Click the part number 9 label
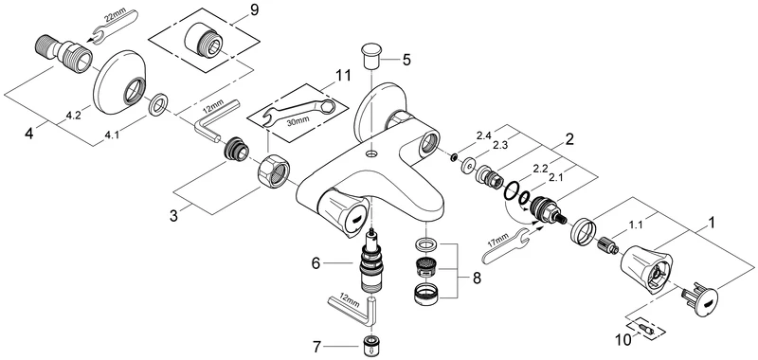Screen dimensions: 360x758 [253, 10]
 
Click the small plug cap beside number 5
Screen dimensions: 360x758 [370, 51]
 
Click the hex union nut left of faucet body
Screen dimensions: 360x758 [272, 170]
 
